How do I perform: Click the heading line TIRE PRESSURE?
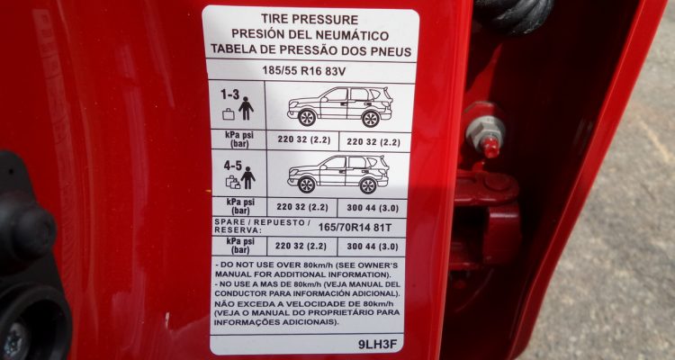[310, 20]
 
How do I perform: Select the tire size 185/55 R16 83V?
[303, 71]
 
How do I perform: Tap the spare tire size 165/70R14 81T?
[355, 227]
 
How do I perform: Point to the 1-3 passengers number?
[229, 94]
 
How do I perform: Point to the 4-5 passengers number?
[233, 166]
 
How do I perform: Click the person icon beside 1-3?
[247, 109]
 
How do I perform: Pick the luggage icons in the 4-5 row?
[233, 182]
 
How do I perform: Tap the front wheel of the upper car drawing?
[307, 118]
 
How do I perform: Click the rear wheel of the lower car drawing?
[368, 185]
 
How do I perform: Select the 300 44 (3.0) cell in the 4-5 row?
[373, 208]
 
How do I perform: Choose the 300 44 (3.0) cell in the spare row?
[373, 247]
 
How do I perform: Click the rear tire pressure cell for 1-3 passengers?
[374, 141]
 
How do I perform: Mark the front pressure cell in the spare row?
[301, 246]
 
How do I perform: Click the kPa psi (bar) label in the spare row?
[239, 246]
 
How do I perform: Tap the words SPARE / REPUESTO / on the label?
[263, 222]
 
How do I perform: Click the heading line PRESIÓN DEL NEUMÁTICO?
[310, 34]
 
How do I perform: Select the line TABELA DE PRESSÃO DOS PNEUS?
[310, 50]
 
